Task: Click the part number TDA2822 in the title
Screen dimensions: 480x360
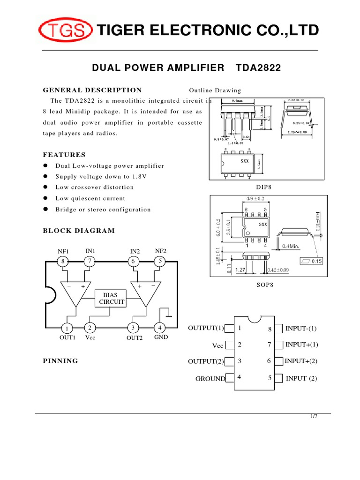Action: [x=259, y=68]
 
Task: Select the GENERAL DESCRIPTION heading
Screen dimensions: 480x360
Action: [x=92, y=90]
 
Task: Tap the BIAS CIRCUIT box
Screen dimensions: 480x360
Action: [x=110, y=298]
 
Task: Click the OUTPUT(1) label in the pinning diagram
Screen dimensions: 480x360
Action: [x=205, y=328]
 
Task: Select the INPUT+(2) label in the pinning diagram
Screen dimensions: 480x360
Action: [x=301, y=361]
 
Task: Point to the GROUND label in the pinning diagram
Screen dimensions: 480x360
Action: [x=210, y=378]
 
